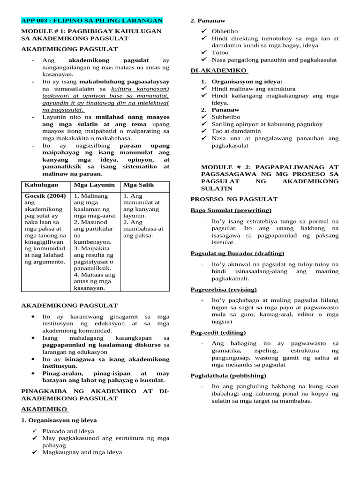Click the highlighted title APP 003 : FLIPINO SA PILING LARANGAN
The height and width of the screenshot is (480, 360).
tap(92, 21)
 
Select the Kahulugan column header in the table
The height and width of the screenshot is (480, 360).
tap(41, 185)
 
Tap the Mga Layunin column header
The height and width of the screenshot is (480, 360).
tap(92, 185)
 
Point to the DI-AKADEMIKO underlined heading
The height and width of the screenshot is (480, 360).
tap(218, 70)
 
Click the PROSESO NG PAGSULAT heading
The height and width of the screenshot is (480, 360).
tap(234, 199)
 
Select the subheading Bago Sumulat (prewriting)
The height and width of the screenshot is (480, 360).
tap(231, 210)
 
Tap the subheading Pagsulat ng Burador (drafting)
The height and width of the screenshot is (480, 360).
tap(237, 254)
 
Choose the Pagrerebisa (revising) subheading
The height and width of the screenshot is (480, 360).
tap(224, 289)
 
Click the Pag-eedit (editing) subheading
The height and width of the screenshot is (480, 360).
tap(218, 332)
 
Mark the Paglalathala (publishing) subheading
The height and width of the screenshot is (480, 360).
tap(228, 375)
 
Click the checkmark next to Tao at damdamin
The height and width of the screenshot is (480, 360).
tap(203, 131)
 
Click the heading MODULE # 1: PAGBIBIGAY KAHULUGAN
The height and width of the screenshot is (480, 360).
tap(91, 31)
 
